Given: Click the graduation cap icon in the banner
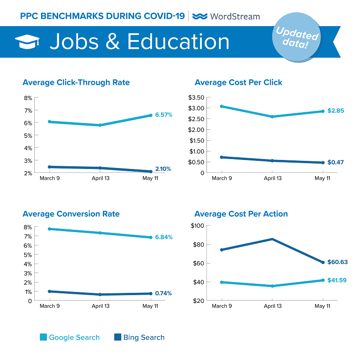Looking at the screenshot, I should click(x=27, y=42).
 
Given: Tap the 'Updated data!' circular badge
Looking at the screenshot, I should click(x=297, y=39).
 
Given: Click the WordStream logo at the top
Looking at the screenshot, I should click(x=226, y=16).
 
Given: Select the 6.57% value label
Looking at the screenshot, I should click(x=164, y=115).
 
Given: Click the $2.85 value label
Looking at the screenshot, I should click(x=336, y=110).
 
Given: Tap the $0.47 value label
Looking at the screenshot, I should click(x=336, y=162).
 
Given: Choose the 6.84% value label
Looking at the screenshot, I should click(x=164, y=237).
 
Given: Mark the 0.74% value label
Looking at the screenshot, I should click(x=163, y=293).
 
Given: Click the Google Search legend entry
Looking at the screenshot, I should click(x=70, y=337).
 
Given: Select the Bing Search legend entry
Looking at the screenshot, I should click(x=139, y=337).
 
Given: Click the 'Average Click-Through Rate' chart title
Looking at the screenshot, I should click(x=76, y=82).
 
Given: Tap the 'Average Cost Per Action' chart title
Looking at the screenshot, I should click(x=241, y=214).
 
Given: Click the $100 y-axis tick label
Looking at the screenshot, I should click(x=197, y=226).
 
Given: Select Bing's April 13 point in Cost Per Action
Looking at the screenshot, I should click(x=272, y=239).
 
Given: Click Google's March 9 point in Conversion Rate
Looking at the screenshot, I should click(x=49, y=229).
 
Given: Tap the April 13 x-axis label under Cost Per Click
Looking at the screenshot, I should click(x=272, y=178).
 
